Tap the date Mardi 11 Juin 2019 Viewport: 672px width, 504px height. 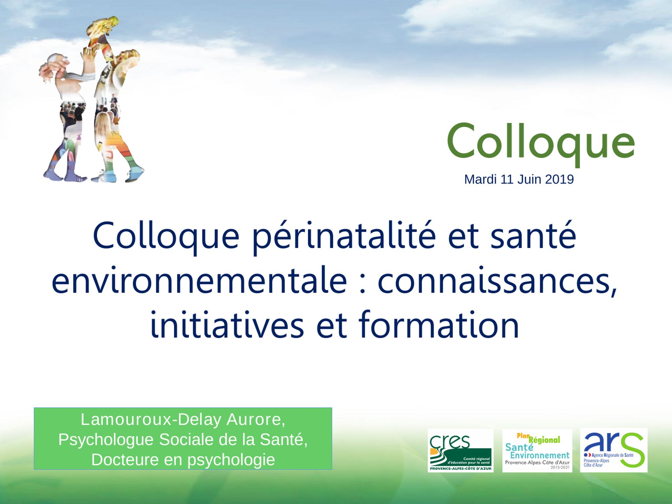[x=519, y=179]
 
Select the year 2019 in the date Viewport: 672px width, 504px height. [x=559, y=179]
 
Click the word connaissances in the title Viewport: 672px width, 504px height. [x=498, y=282]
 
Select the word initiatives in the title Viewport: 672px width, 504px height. [x=227, y=325]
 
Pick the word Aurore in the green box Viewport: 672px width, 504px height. [x=256, y=420]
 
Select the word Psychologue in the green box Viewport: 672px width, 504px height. [x=106, y=440]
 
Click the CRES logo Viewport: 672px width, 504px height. [x=460, y=450]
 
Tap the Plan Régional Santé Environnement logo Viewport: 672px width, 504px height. [x=537, y=450]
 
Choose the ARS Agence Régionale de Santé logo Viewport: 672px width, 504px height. [x=614, y=450]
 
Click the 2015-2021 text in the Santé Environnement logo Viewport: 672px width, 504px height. [x=560, y=467]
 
